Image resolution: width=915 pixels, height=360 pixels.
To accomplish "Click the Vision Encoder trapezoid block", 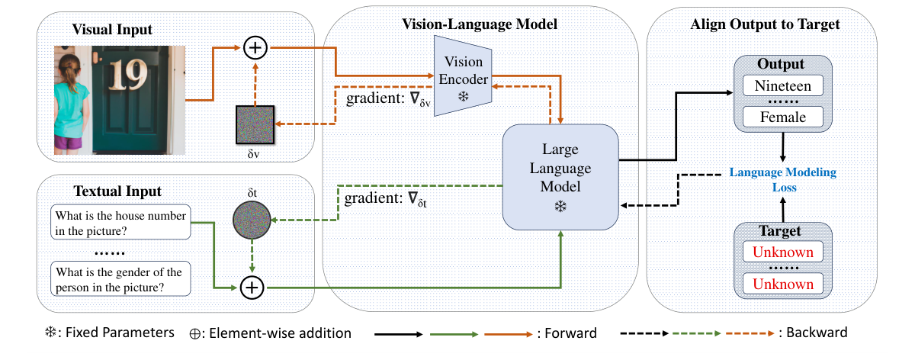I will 462,76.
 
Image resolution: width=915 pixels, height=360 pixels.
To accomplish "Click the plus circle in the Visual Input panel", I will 255,50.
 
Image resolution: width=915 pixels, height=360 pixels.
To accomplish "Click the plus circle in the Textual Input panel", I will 252,288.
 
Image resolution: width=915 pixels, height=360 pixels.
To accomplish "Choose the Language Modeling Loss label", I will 783,179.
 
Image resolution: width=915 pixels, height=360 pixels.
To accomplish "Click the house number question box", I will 120,222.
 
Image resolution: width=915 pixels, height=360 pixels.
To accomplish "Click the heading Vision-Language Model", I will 480,24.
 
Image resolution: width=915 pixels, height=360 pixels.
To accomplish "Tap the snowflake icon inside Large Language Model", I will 560,207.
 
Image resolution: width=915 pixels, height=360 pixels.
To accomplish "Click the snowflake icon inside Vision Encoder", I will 462,97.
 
